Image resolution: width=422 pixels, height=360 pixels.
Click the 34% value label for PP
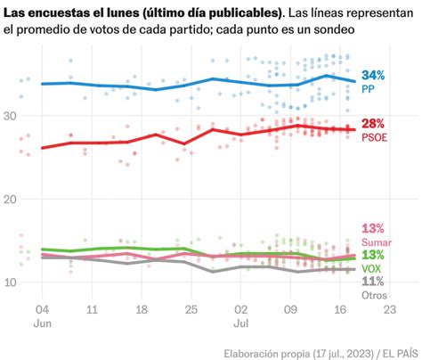(x=373, y=74)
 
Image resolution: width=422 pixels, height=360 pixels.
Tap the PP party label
(x=369, y=89)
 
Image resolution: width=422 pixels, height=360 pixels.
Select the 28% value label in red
(x=373, y=122)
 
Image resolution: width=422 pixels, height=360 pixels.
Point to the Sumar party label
(x=377, y=242)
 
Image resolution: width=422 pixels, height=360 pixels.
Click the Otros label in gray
(x=375, y=295)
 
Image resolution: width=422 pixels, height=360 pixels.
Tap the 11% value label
(x=373, y=282)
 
